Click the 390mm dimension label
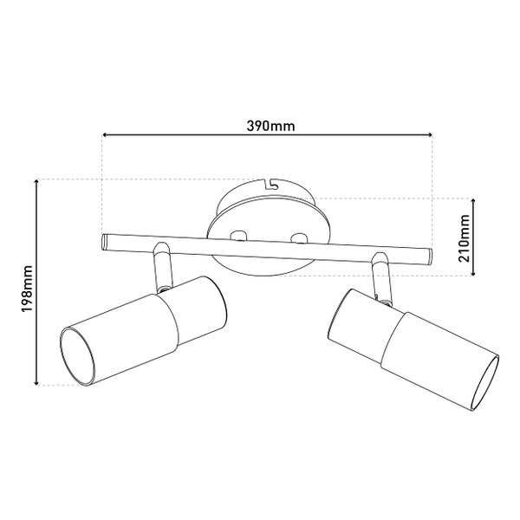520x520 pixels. pos(270,126)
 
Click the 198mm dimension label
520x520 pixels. pos(27,289)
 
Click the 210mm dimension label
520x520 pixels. pos(464,238)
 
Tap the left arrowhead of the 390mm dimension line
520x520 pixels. pos(104,134)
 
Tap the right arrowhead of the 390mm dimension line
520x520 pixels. pos(430,134)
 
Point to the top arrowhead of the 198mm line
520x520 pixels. pos(36,181)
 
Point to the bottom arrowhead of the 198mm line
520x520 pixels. pos(36,383)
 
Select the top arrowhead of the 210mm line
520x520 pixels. pos(473,201)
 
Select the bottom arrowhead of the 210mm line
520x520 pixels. pos(473,273)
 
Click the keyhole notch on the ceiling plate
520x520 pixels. pos(270,185)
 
